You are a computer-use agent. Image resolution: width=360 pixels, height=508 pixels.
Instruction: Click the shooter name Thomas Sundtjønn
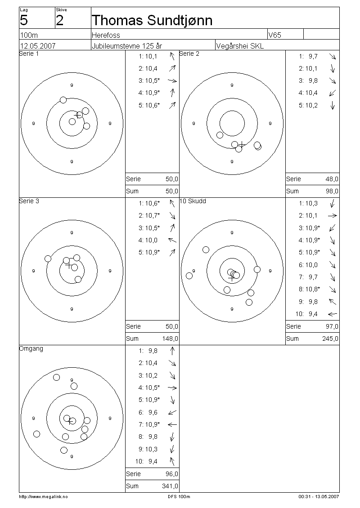pyautogui.click(x=152, y=20)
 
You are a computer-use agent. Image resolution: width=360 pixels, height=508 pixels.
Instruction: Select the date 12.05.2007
pyautogui.click(x=38, y=46)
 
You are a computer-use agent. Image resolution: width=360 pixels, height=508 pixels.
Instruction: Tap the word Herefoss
pyautogui.click(x=106, y=35)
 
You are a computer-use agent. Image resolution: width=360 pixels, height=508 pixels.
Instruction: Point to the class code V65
pyautogui.click(x=274, y=35)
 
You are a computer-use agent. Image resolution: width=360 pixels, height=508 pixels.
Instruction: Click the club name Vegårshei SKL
pyautogui.click(x=240, y=46)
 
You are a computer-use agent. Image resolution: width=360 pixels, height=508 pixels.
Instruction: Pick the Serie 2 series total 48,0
pyautogui.click(x=332, y=179)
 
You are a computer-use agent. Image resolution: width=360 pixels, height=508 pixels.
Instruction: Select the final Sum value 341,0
pyautogui.click(x=170, y=486)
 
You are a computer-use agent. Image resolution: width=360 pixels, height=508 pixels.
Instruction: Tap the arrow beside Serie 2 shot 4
pyautogui.click(x=333, y=93)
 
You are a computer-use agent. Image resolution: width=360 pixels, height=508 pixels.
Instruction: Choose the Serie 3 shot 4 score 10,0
pyautogui.click(x=151, y=240)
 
